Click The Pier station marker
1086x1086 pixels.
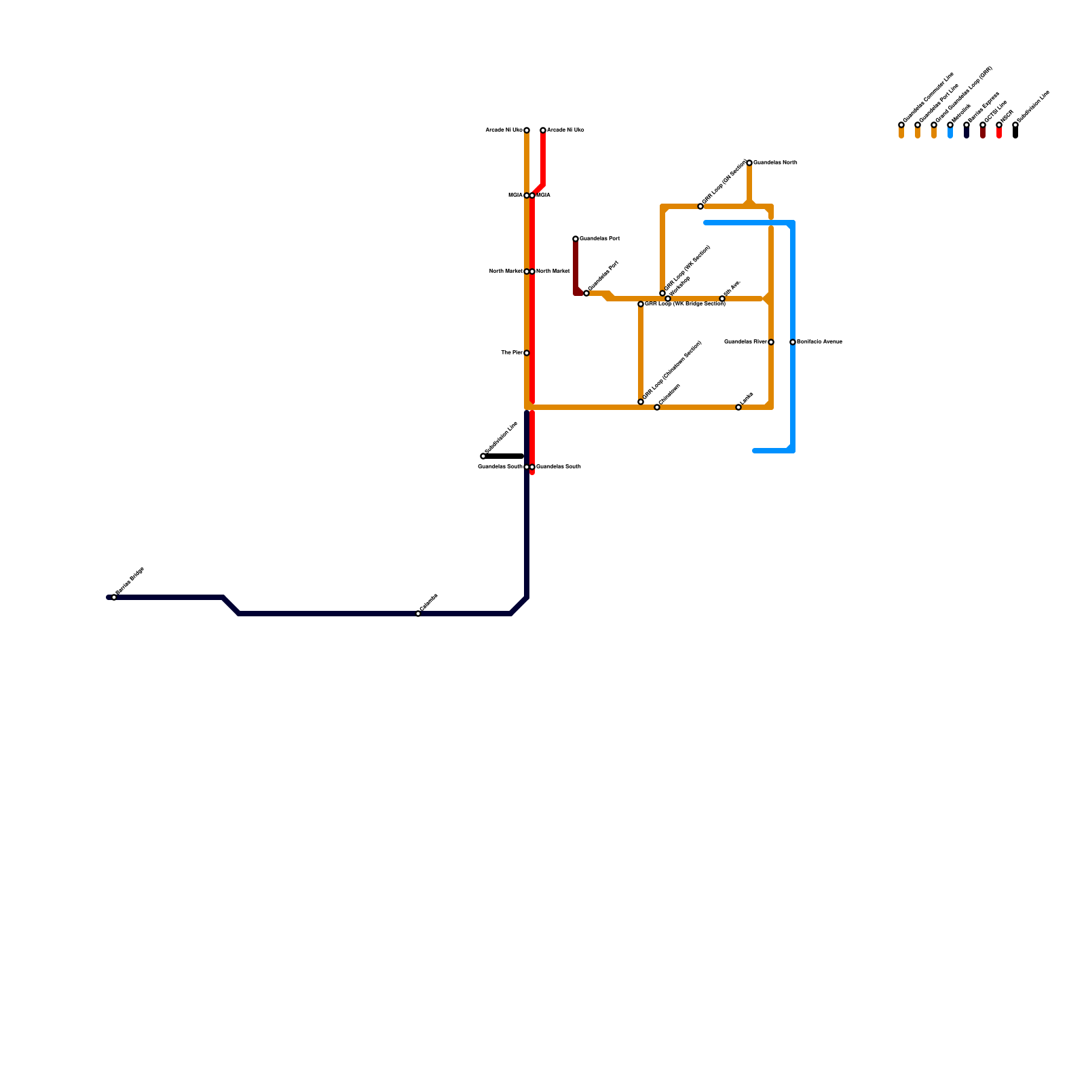(527, 353)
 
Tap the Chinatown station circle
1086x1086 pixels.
(657, 407)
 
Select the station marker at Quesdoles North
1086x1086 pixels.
(749, 163)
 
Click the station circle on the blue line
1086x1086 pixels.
(793, 342)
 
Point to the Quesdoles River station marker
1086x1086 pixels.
(771, 342)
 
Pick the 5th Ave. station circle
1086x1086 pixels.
(722, 299)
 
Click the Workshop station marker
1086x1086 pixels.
(668, 299)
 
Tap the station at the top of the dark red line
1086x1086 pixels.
(576, 239)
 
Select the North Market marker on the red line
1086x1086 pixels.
(532, 271)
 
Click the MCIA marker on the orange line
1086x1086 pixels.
(527, 195)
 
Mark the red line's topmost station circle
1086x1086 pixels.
(543, 130)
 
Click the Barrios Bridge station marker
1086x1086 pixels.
(114, 597)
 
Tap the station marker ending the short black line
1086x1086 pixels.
(483, 456)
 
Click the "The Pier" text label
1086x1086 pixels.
(511, 353)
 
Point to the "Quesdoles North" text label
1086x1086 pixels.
(775, 163)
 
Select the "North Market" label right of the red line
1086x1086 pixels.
(553, 271)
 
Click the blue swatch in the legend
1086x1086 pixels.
(950, 133)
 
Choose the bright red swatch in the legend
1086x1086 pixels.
(999, 133)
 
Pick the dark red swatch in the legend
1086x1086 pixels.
(983, 133)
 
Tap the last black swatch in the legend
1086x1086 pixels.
(1015, 133)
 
